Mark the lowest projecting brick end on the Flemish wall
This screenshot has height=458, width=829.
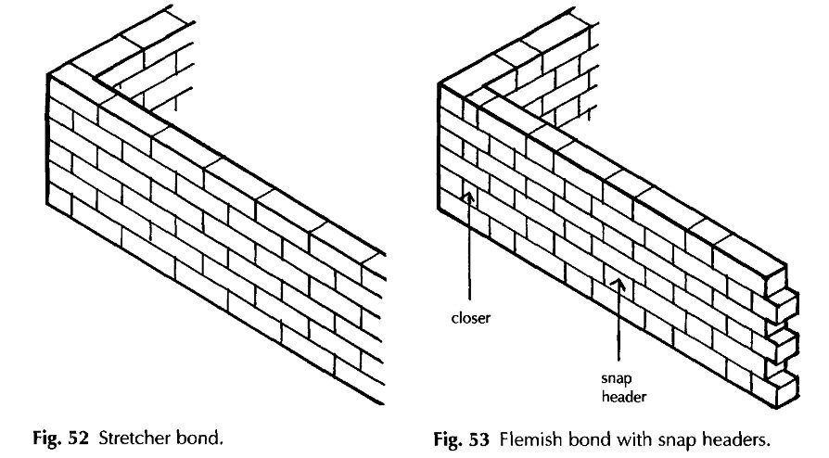(786, 383)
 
